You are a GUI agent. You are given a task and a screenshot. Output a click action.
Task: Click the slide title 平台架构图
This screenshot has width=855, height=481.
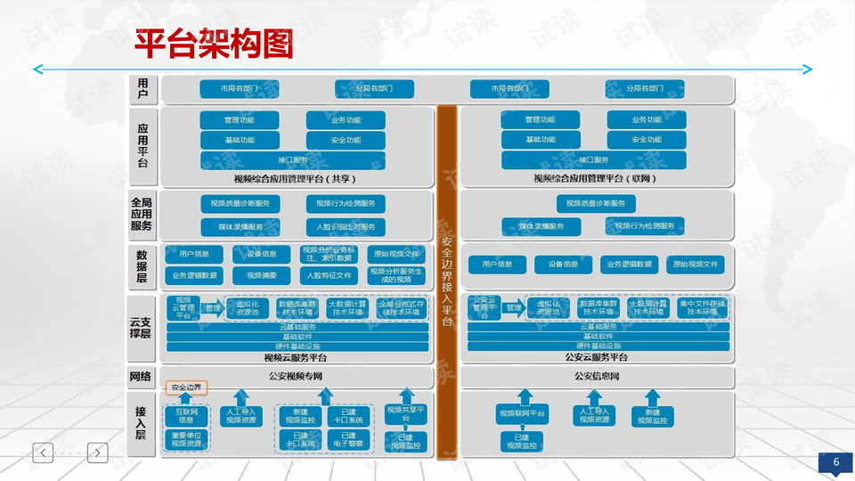214,42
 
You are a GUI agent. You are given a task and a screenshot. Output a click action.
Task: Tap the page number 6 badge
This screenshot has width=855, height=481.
836,462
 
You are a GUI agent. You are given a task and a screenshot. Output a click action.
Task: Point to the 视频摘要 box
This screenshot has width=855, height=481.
262,275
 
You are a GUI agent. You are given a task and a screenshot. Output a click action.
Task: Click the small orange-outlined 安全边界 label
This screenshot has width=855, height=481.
186,388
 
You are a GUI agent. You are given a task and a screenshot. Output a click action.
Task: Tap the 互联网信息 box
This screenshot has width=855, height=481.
186,414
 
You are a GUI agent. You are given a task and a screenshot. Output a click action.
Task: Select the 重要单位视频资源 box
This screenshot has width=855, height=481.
186,438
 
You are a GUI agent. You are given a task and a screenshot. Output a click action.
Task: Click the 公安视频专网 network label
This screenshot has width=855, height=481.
295,376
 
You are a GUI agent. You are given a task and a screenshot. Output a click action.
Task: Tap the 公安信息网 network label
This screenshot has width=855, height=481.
597,376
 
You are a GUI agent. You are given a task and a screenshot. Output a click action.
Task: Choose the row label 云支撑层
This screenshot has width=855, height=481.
141,328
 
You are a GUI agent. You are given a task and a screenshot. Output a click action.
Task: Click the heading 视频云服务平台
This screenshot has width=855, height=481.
295,357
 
